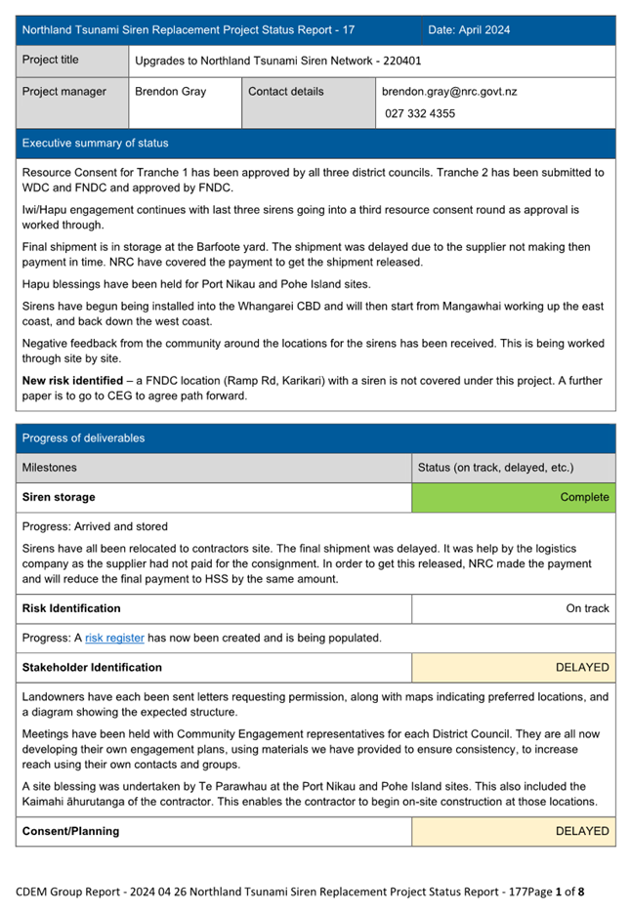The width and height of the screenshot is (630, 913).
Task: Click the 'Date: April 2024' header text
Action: click(469, 30)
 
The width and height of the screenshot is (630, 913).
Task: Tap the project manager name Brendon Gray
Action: click(165, 92)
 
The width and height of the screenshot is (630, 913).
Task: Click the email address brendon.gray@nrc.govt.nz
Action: click(449, 92)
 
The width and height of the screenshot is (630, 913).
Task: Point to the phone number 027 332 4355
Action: click(420, 113)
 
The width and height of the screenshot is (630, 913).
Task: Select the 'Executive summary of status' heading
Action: click(95, 144)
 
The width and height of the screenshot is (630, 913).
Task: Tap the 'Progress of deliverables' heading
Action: click(83, 438)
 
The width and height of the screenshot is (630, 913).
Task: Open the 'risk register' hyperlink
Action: click(114, 639)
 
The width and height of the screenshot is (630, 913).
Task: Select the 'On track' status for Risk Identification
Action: click(587, 608)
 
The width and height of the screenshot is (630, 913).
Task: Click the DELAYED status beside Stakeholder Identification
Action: click(582, 668)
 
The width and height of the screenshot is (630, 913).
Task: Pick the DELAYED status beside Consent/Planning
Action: click(582, 832)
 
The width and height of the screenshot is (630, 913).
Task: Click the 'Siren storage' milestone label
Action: click(59, 497)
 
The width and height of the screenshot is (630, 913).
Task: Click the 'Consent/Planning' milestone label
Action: click(70, 832)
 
